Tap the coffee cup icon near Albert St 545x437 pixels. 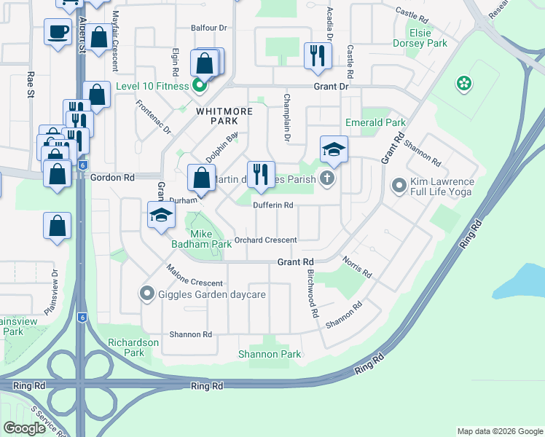[x=58, y=32]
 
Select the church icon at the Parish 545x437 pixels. [x=327, y=178]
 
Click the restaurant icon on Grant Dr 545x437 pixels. [x=317, y=55]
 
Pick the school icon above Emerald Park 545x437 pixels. [x=334, y=149]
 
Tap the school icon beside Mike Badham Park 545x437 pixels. [x=161, y=215]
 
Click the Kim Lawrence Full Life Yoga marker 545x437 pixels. [x=399, y=186]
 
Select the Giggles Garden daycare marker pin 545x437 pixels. [x=146, y=294]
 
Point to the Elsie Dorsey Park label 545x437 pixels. [x=430, y=38]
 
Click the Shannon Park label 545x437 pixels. [x=270, y=355]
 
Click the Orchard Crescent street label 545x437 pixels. [x=265, y=240]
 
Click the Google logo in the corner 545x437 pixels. [x=24, y=428]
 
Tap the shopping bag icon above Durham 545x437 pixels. [x=201, y=177]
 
